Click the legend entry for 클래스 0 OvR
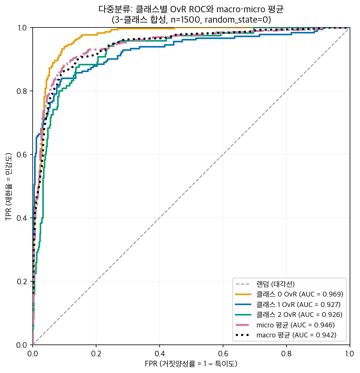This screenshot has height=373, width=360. pyautogui.click(x=289, y=294)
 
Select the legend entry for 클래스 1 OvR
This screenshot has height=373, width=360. pyautogui.click(x=288, y=304)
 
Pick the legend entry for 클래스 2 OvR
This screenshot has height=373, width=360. pyautogui.click(x=289, y=315)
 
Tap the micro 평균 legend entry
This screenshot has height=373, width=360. pyautogui.click(x=285, y=325)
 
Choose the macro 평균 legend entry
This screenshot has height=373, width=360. pyautogui.click(x=286, y=335)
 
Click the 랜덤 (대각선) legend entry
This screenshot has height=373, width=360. pyautogui.click(x=265, y=284)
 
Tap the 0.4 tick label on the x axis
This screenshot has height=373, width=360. pyautogui.click(x=160, y=354)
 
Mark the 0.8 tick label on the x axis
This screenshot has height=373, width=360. pyautogui.click(x=287, y=354)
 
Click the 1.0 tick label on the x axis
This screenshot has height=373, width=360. pyautogui.click(x=350, y=354)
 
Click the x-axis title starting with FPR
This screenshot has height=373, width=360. pyautogui.click(x=191, y=364)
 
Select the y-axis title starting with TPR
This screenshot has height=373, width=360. pyautogui.click(x=9, y=186)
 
